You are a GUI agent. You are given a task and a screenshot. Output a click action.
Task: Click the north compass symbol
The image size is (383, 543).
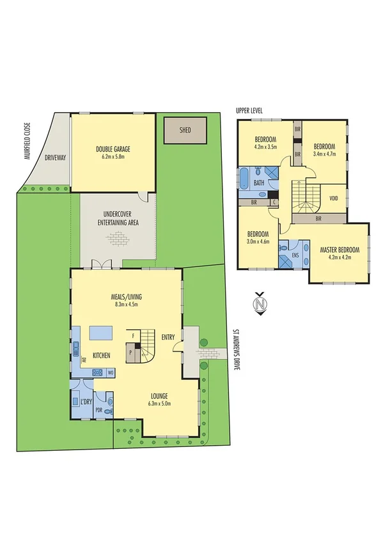[259, 304]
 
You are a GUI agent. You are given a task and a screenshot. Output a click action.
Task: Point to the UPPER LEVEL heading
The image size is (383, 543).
[249, 111]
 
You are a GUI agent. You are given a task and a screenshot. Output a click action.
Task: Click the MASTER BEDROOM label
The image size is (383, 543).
[340, 250]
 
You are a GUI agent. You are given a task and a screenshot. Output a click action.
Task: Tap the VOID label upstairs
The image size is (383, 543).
[334, 197]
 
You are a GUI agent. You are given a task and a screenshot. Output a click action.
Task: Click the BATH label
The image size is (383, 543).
[260, 183]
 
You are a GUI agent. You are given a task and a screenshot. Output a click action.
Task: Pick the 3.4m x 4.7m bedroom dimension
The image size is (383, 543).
[324, 154]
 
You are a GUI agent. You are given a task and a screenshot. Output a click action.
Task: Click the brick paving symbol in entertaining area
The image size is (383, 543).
[118, 239]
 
